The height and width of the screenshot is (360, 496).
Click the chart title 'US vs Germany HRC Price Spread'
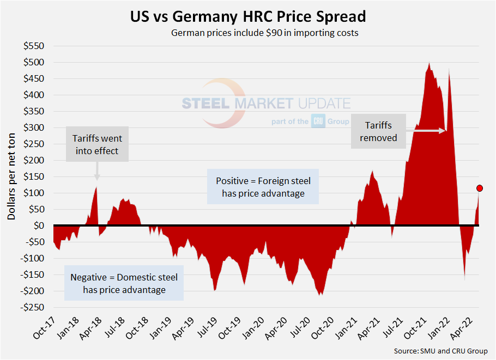pyautogui.click(x=248, y=16)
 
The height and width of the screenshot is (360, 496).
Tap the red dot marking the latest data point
pyautogui.click(x=480, y=188)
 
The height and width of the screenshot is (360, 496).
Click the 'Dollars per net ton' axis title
pyautogui.click(x=11, y=175)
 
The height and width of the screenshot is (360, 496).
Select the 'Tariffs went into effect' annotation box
pyautogui.click(x=98, y=145)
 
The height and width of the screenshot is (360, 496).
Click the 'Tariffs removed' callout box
pyautogui.click(x=379, y=131)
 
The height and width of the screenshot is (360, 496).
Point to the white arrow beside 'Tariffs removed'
pyautogui.click(x=426, y=131)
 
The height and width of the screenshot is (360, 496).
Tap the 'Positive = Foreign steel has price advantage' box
pyautogui.click(x=263, y=187)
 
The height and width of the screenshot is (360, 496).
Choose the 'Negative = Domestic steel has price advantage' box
pyautogui.click(x=124, y=283)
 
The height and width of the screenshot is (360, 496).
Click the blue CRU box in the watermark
pyautogui.click(x=318, y=121)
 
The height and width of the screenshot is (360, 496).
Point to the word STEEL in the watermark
pyautogui.click(x=205, y=103)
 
